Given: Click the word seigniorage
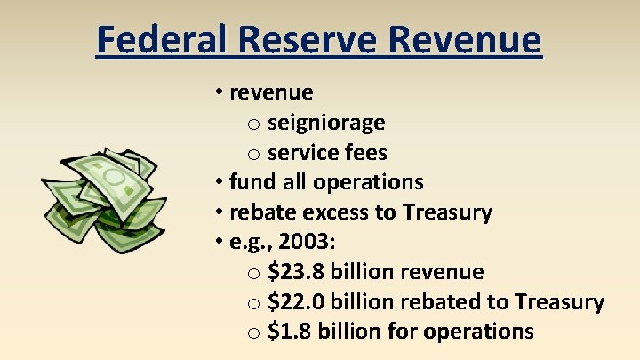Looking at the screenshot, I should (325, 123).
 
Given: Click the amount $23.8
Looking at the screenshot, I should (296, 272).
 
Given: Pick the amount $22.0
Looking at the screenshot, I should (296, 302).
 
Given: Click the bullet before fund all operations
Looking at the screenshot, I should (219, 182).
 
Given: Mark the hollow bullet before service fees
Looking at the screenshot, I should (253, 154).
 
